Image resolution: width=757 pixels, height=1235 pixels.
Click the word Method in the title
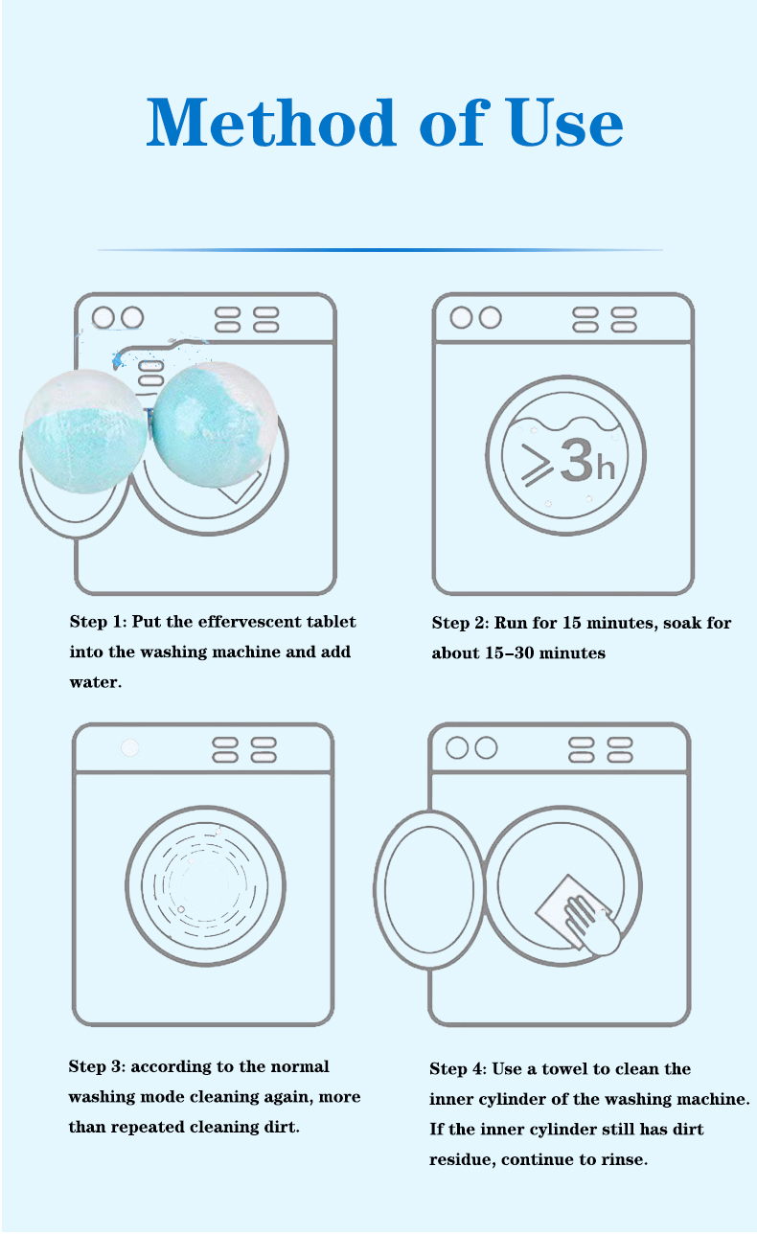(271, 123)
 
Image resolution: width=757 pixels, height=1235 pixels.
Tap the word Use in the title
(565, 123)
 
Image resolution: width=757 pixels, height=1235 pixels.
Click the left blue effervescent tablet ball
(84, 431)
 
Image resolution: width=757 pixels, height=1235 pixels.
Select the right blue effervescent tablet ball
(215, 424)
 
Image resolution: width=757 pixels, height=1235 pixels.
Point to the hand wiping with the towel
(594, 926)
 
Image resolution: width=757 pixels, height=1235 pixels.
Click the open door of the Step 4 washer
(429, 889)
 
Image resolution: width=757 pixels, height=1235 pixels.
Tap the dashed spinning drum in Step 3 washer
(205, 885)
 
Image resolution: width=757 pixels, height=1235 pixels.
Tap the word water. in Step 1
(96, 682)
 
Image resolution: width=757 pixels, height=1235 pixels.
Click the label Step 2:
(460, 623)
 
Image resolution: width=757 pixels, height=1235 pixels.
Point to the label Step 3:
(97, 1066)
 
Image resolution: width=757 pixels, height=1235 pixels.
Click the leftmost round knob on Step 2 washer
(461, 317)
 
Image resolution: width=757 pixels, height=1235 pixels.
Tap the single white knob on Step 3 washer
(129, 748)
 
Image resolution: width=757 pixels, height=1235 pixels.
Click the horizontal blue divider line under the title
(379, 250)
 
